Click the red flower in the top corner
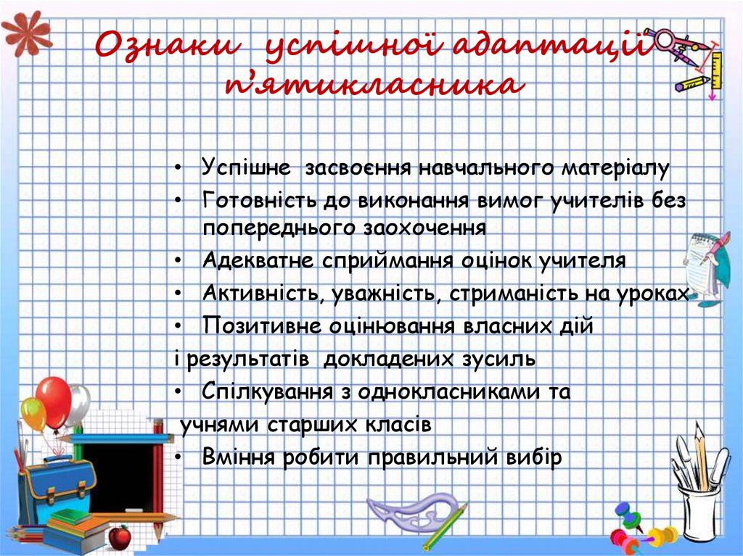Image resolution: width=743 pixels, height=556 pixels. [x=25, y=33]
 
